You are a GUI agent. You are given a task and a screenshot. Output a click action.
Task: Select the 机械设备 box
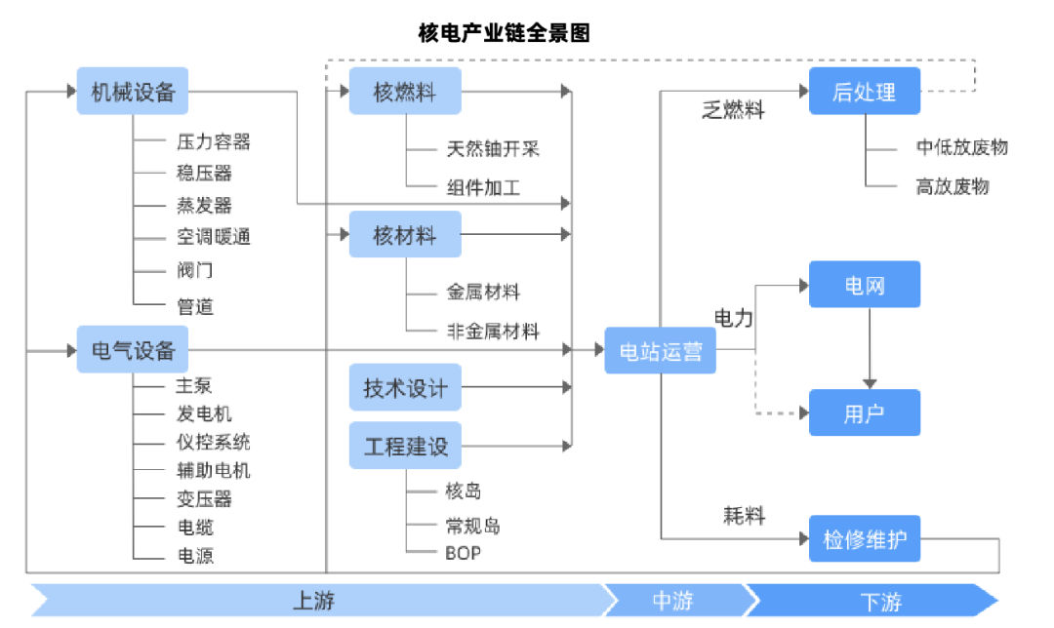[133, 92]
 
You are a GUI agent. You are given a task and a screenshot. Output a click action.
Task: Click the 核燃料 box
[405, 92]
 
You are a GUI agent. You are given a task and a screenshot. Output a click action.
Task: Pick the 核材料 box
[405, 234]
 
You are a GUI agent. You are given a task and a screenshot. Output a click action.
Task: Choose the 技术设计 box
[405, 387]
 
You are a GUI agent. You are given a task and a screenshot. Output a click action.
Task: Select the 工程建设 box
[405, 446]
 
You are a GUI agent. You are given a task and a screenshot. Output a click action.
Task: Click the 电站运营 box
[661, 350]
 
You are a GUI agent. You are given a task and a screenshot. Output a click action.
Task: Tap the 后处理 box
[864, 92]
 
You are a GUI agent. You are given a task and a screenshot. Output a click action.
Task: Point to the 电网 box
[864, 285]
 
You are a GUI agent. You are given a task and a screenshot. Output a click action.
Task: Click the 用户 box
[864, 412]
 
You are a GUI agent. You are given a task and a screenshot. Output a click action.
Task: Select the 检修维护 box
[864, 538]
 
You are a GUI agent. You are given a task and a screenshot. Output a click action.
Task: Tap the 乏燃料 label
[733, 110]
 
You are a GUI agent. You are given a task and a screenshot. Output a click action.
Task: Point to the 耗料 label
[744, 516]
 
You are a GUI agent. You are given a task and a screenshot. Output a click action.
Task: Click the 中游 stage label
[673, 601]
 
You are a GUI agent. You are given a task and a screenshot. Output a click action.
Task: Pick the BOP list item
[464, 553]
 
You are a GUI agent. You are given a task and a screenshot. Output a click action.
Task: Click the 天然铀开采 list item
[493, 149]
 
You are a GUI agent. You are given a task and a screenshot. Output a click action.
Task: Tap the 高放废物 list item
[952, 186]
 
